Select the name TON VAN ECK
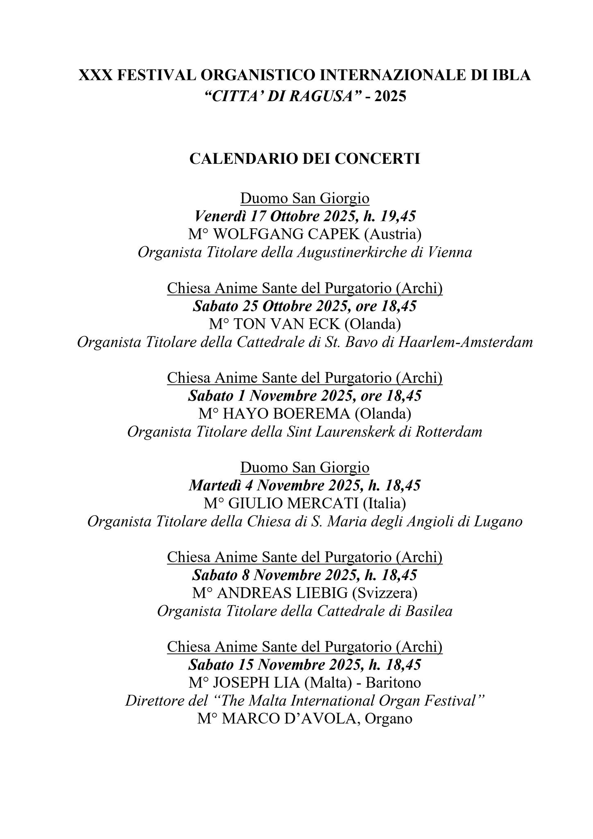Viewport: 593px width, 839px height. tap(286, 324)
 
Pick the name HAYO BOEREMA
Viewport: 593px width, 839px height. tap(287, 414)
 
